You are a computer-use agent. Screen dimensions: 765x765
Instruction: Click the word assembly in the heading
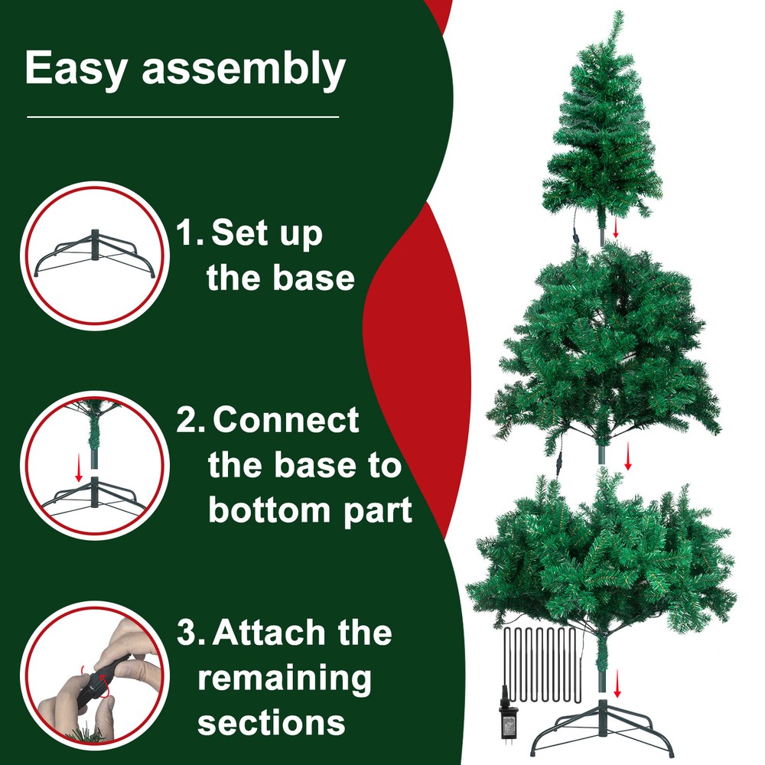click(x=243, y=71)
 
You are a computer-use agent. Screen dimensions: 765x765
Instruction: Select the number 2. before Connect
click(x=190, y=421)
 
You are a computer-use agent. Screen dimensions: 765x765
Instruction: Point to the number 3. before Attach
click(x=190, y=633)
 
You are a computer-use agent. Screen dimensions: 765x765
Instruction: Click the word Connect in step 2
click(x=287, y=421)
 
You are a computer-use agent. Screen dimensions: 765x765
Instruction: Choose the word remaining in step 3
click(x=285, y=678)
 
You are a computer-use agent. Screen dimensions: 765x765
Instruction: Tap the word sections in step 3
click(x=271, y=722)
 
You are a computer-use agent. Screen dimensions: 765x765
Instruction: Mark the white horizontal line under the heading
click(x=182, y=117)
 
